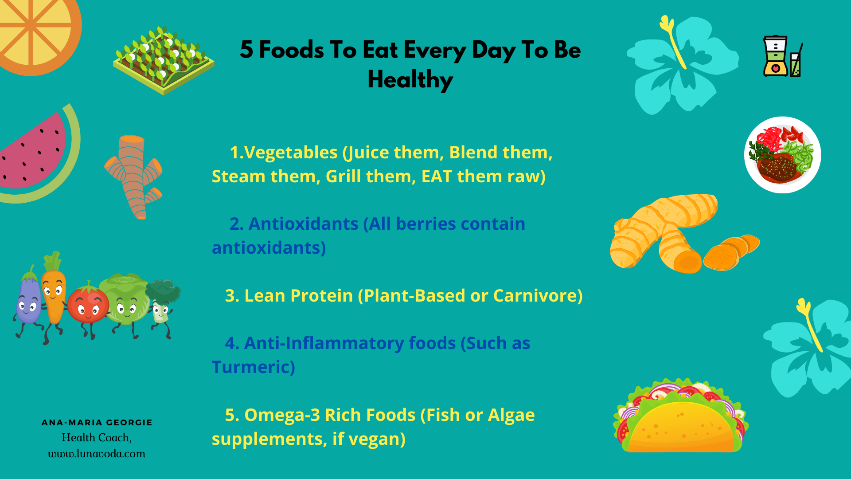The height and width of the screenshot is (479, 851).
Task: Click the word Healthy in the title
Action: pos(410,80)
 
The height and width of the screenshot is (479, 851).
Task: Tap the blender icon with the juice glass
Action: pos(783,56)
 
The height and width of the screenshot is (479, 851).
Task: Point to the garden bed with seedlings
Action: pos(164,60)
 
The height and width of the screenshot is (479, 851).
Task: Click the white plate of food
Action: pos(783,155)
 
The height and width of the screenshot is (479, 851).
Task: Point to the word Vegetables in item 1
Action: pos(291,153)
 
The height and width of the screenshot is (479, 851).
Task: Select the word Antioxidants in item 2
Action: pos(303,224)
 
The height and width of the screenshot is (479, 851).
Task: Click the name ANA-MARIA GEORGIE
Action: pos(97,423)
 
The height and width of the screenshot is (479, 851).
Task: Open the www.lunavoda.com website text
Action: pos(97,454)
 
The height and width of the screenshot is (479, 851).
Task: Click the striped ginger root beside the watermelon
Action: pos(133,177)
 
